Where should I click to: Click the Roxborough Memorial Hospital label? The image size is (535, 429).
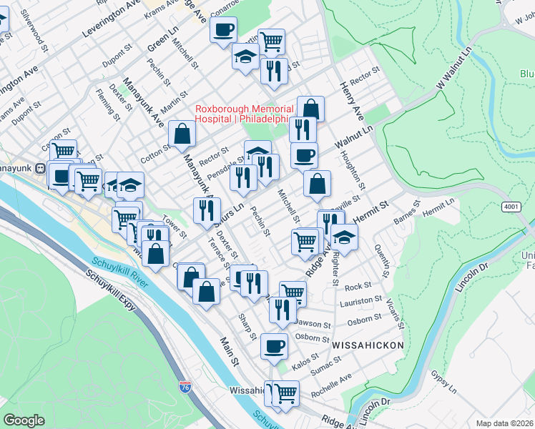point(243,114)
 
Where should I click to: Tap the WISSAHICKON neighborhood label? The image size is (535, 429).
point(368,345)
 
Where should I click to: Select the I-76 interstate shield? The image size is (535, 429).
point(185,387)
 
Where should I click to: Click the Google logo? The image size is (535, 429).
point(24,420)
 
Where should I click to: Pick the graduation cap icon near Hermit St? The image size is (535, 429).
point(344,237)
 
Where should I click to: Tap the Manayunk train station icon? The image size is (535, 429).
point(41,169)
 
